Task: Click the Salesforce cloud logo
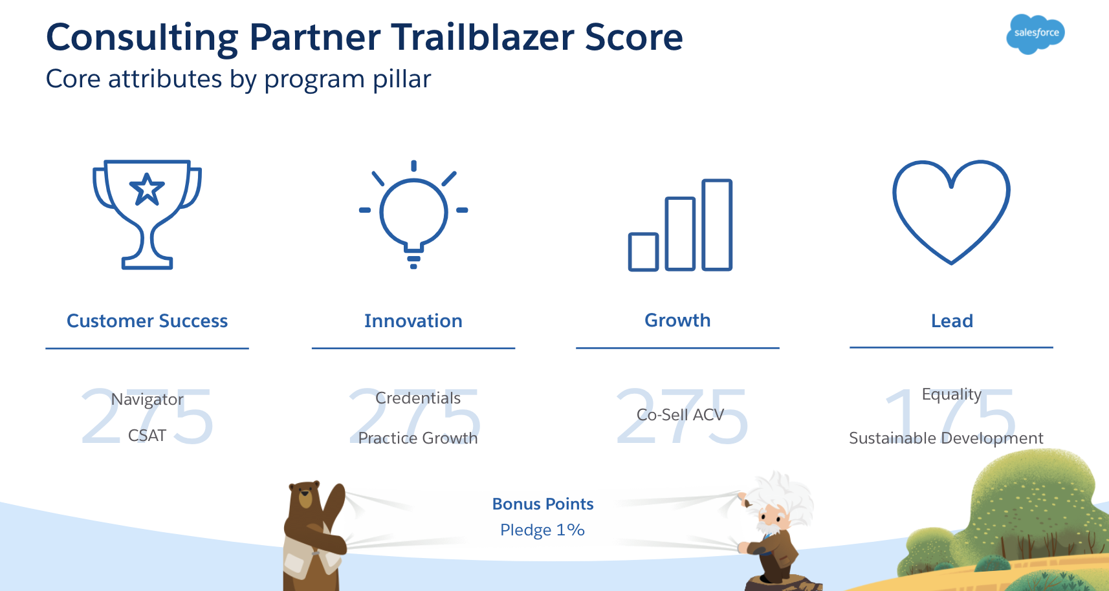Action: pyautogui.click(x=1035, y=34)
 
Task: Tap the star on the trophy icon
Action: pyautogui.click(x=146, y=189)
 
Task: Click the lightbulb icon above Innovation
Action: pyautogui.click(x=413, y=214)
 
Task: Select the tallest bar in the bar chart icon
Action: pyautogui.click(x=717, y=225)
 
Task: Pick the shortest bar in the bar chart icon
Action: pyautogui.click(x=643, y=252)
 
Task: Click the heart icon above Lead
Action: pyautogui.click(x=951, y=212)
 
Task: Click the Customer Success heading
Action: pyautogui.click(x=147, y=321)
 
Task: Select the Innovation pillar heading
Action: pyautogui.click(x=413, y=321)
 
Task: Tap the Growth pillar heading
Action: pyautogui.click(x=677, y=320)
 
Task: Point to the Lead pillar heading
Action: pyautogui.click(x=952, y=321)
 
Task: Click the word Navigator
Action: pyautogui.click(x=147, y=399)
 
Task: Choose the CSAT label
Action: pyautogui.click(x=147, y=435)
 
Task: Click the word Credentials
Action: pyautogui.click(x=418, y=398)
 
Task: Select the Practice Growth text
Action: pyautogui.click(x=418, y=438)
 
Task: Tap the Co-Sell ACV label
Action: pyautogui.click(x=680, y=414)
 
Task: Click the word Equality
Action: pyautogui.click(x=952, y=394)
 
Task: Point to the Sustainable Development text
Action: pyautogui.click(x=946, y=438)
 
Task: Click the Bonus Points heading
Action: pyautogui.click(x=543, y=504)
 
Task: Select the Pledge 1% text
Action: pyautogui.click(x=543, y=530)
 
